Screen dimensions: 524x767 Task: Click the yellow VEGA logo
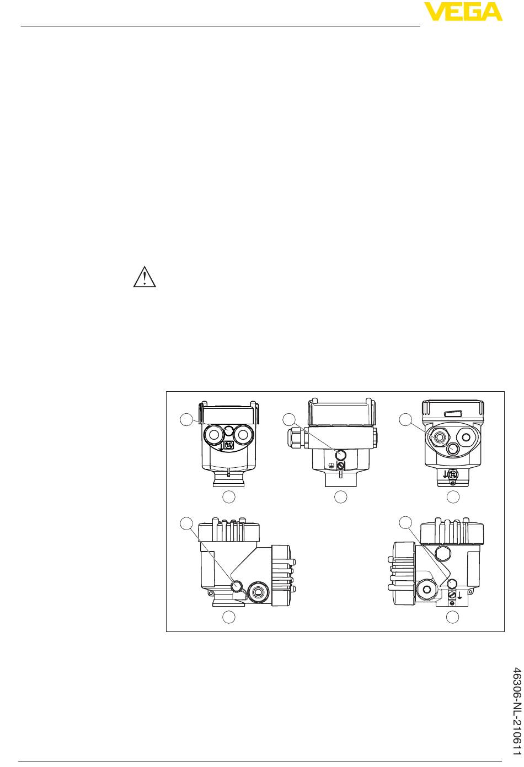pos(463,12)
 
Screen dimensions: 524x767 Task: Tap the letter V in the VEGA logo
pos(434,12)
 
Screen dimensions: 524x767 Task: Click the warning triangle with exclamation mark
pos(145,276)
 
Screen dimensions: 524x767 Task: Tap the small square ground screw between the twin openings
pos(229,445)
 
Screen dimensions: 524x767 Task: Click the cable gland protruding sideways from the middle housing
pos(296,435)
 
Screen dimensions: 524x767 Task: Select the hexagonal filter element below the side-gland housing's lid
pos(341,455)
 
